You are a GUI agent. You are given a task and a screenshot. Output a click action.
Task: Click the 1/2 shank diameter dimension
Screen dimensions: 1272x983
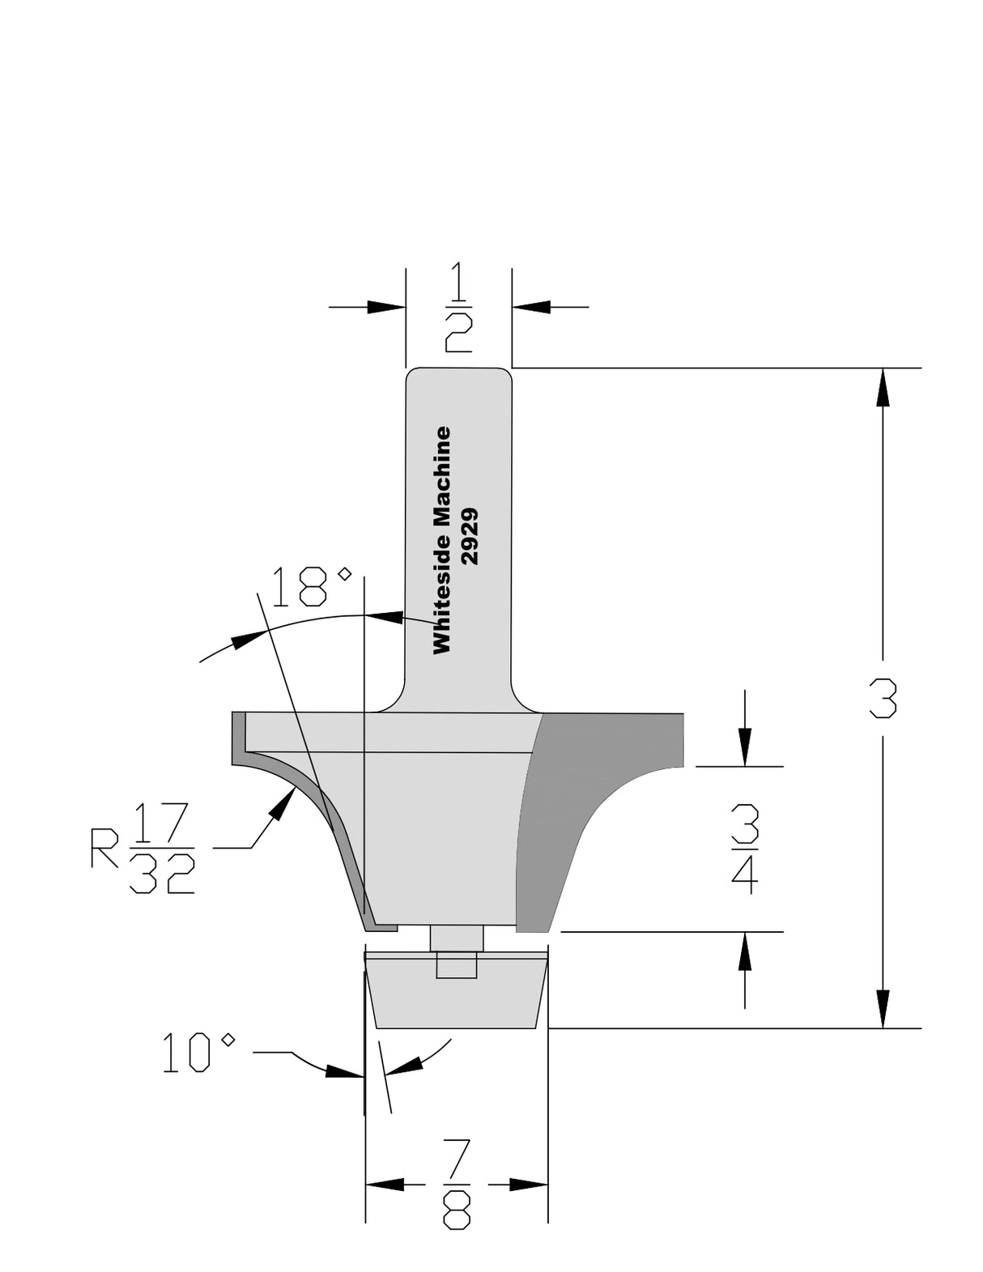point(457,307)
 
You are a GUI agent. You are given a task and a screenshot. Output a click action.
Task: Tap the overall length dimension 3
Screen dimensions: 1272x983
point(883,698)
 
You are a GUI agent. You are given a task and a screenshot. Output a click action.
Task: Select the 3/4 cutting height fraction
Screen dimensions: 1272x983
point(744,849)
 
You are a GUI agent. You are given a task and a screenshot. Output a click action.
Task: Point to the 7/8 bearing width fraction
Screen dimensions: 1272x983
point(457,1185)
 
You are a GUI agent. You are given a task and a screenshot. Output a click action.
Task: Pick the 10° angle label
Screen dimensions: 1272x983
point(198,1053)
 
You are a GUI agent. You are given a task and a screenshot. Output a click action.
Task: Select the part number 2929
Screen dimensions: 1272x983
point(470,536)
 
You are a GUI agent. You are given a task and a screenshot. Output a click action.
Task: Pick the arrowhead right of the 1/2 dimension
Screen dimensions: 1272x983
point(532,307)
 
